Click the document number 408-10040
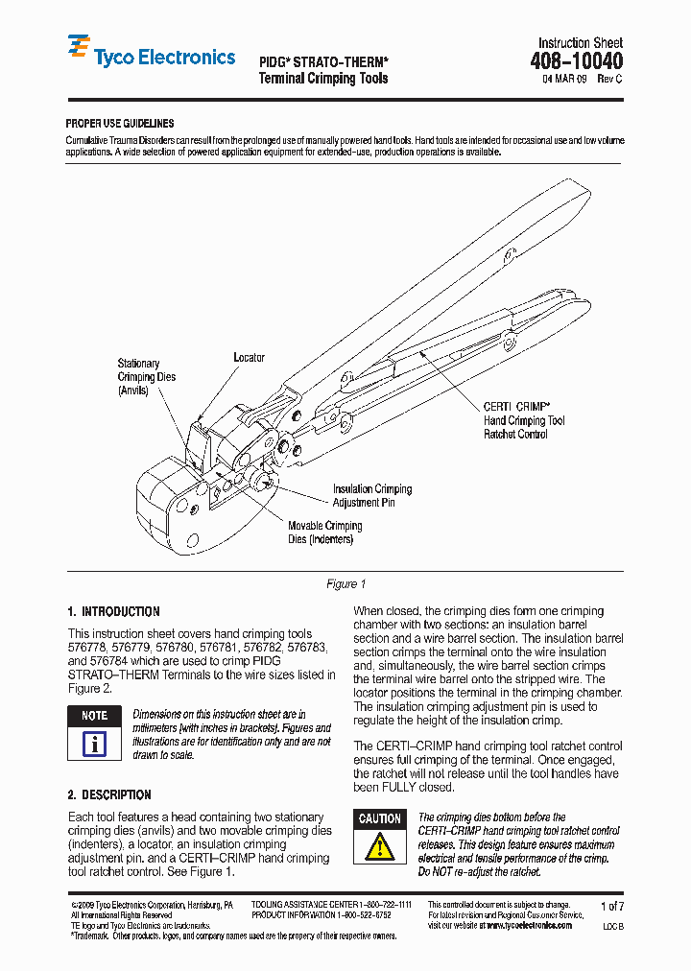pos(576,61)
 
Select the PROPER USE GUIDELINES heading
pos(120,124)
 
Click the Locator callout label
pos(249,358)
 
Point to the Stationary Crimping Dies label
pos(146,377)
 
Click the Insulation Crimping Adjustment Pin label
pos(372,496)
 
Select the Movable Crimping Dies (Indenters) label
pos(324,533)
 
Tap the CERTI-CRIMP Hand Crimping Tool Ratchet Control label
pos(523,420)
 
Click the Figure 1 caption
pos(345,584)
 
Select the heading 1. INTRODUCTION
pos(113,611)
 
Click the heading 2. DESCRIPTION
pos(109,794)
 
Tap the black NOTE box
pos(94,716)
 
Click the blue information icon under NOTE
pos(94,744)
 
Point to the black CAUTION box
pos(380,818)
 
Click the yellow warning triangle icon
pos(380,846)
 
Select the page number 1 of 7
pos(611,906)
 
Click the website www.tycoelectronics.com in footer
pos(532,925)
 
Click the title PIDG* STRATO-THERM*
pos(323,59)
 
